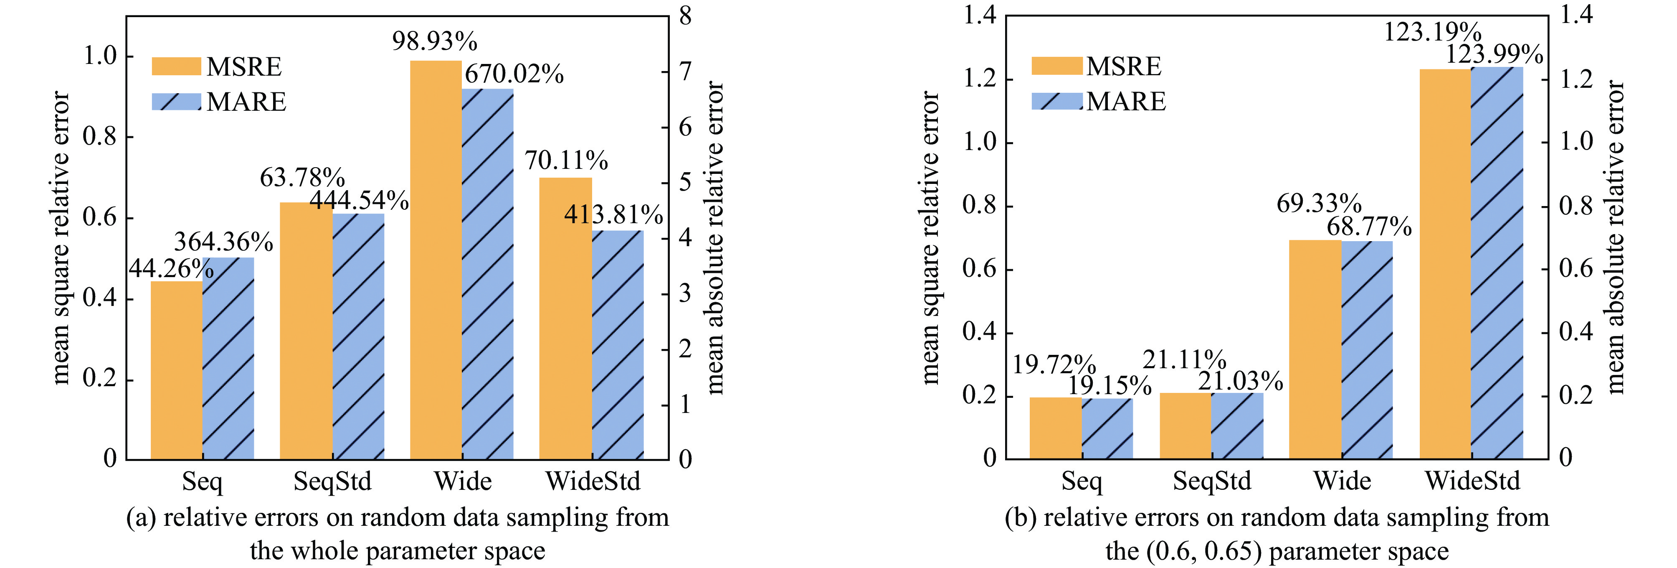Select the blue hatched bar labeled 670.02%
488,274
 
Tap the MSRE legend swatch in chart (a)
176,66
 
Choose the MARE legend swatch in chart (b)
1056,101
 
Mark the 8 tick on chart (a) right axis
685,16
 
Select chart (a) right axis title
715,238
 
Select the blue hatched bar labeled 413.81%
618,345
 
